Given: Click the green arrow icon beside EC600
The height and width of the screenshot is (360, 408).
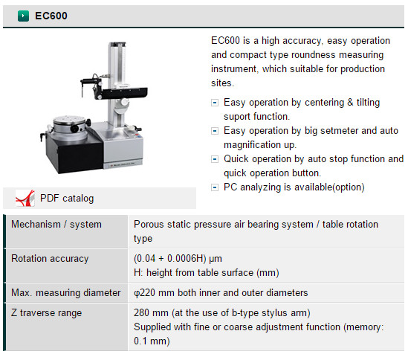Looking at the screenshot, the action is click(23, 16).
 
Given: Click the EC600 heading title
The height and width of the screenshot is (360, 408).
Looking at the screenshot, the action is click(51, 16).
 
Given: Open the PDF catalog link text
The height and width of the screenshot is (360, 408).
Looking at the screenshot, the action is click(67, 199).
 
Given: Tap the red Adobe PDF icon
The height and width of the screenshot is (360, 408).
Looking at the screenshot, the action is click(25, 199).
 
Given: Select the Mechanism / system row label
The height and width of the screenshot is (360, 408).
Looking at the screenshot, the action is click(56, 225).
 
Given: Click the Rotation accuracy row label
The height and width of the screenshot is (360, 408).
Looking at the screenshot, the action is click(50, 259).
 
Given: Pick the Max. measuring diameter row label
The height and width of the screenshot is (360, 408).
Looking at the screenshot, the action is click(66, 293).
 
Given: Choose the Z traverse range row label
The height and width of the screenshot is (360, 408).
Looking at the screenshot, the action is click(47, 313).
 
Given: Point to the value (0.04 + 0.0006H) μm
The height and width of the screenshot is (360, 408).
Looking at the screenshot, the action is click(178, 259).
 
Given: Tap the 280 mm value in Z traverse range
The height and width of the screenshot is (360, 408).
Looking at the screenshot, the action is click(151, 313).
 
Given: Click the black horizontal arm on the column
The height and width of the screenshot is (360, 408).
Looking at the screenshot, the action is click(124, 93).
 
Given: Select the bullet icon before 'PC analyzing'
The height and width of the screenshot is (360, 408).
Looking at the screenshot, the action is click(215, 187).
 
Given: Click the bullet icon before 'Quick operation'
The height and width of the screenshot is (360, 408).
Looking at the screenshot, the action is click(215, 159).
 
